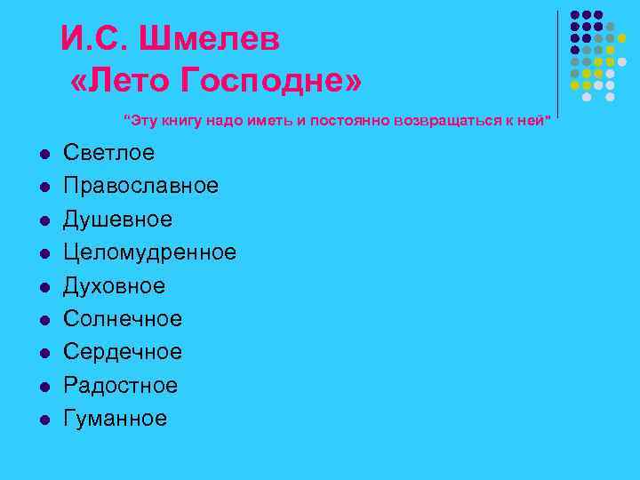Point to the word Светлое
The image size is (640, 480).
click(108, 153)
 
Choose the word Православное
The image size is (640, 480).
click(140, 186)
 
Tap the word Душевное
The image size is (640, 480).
click(117, 220)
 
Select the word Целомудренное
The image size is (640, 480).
click(149, 252)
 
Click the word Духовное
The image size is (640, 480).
click(114, 286)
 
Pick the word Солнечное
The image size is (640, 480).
click(122, 319)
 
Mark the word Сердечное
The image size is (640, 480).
click(122, 352)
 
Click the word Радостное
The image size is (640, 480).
click(120, 386)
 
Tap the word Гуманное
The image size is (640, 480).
click(115, 419)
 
